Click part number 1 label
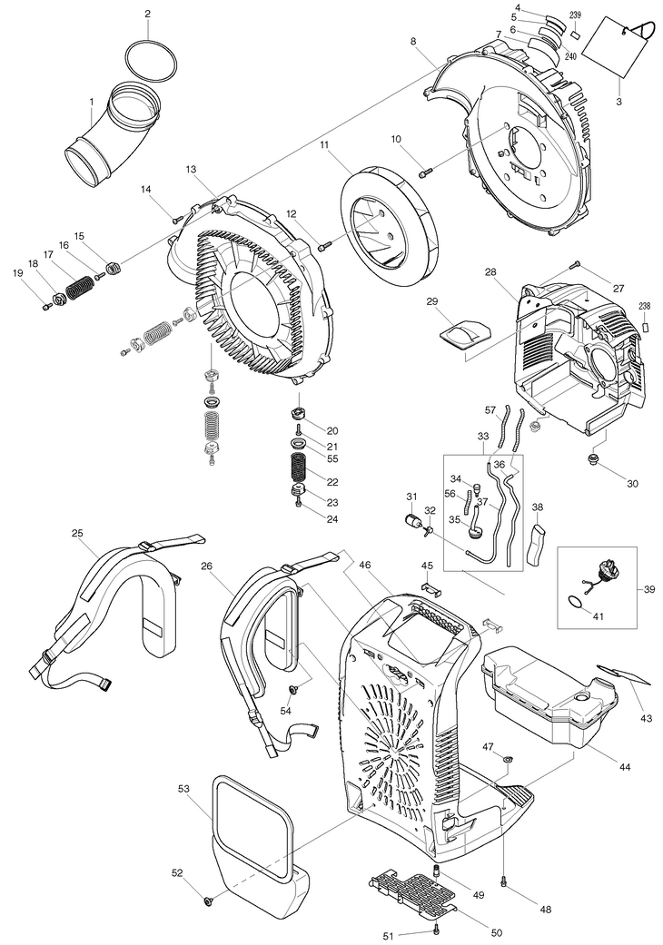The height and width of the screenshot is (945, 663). click(92, 103)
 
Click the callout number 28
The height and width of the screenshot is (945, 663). click(490, 272)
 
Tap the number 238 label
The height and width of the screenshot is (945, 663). click(645, 306)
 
